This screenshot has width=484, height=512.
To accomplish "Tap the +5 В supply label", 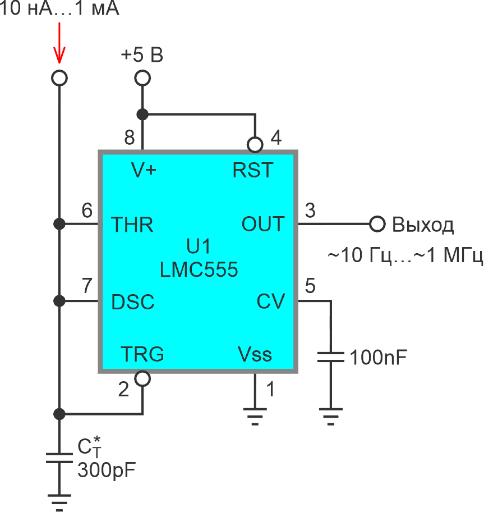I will (142, 56).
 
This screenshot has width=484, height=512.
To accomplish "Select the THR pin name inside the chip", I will (132, 225).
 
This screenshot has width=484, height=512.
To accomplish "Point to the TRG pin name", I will (142, 354).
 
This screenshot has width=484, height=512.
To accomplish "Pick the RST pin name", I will (253, 170).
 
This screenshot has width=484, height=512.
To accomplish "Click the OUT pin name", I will (262, 225).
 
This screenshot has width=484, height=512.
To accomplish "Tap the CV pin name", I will (271, 301).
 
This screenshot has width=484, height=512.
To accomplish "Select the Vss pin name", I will (255, 354).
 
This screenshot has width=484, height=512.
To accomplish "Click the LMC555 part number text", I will (199, 269).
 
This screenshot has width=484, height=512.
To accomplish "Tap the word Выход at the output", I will (422, 225).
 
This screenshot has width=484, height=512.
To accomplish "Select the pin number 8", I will (130, 138).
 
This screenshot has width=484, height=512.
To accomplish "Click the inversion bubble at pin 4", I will (255, 145).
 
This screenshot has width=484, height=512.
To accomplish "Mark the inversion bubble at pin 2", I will (142, 378).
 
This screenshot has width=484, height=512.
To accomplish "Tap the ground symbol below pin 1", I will (255, 415).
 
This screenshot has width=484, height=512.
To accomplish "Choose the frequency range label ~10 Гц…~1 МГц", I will (405, 255).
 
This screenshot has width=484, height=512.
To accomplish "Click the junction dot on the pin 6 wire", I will (58, 225).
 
